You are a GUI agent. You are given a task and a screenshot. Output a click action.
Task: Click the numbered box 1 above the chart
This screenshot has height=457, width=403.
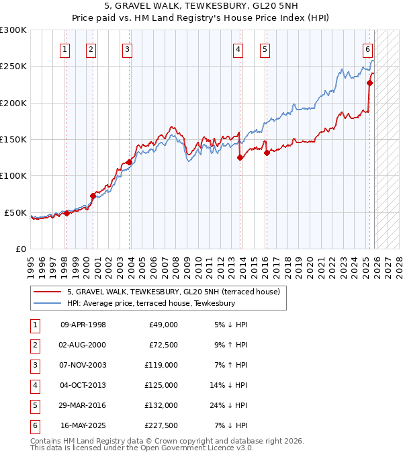(x=64, y=48)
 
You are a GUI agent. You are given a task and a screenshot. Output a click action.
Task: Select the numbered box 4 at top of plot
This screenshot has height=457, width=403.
(x=238, y=48)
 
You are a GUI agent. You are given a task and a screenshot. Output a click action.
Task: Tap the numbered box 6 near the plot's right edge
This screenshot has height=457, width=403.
(x=368, y=48)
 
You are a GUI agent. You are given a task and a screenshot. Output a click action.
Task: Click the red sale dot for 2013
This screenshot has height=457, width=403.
(x=240, y=158)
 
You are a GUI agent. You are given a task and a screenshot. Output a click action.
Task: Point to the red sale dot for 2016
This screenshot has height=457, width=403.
(x=267, y=153)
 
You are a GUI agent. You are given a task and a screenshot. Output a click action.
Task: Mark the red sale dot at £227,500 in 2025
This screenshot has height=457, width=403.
(x=369, y=83)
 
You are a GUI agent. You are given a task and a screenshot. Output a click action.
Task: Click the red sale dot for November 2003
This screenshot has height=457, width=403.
(x=129, y=162)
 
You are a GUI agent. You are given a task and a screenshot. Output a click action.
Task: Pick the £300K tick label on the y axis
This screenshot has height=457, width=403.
(x=13, y=30)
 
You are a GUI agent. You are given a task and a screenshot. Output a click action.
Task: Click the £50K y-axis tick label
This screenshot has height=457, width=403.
(x=15, y=212)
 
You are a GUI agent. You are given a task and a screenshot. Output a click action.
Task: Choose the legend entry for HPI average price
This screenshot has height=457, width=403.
(x=150, y=303)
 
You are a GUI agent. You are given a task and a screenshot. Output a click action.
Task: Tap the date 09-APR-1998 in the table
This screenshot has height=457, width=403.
(x=83, y=325)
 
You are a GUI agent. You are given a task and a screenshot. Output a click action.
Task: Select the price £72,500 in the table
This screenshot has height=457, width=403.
(x=163, y=345)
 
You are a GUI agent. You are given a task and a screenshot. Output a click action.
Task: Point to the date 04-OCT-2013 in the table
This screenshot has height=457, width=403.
(x=83, y=385)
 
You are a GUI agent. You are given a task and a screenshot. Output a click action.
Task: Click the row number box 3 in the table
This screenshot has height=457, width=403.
(x=34, y=365)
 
